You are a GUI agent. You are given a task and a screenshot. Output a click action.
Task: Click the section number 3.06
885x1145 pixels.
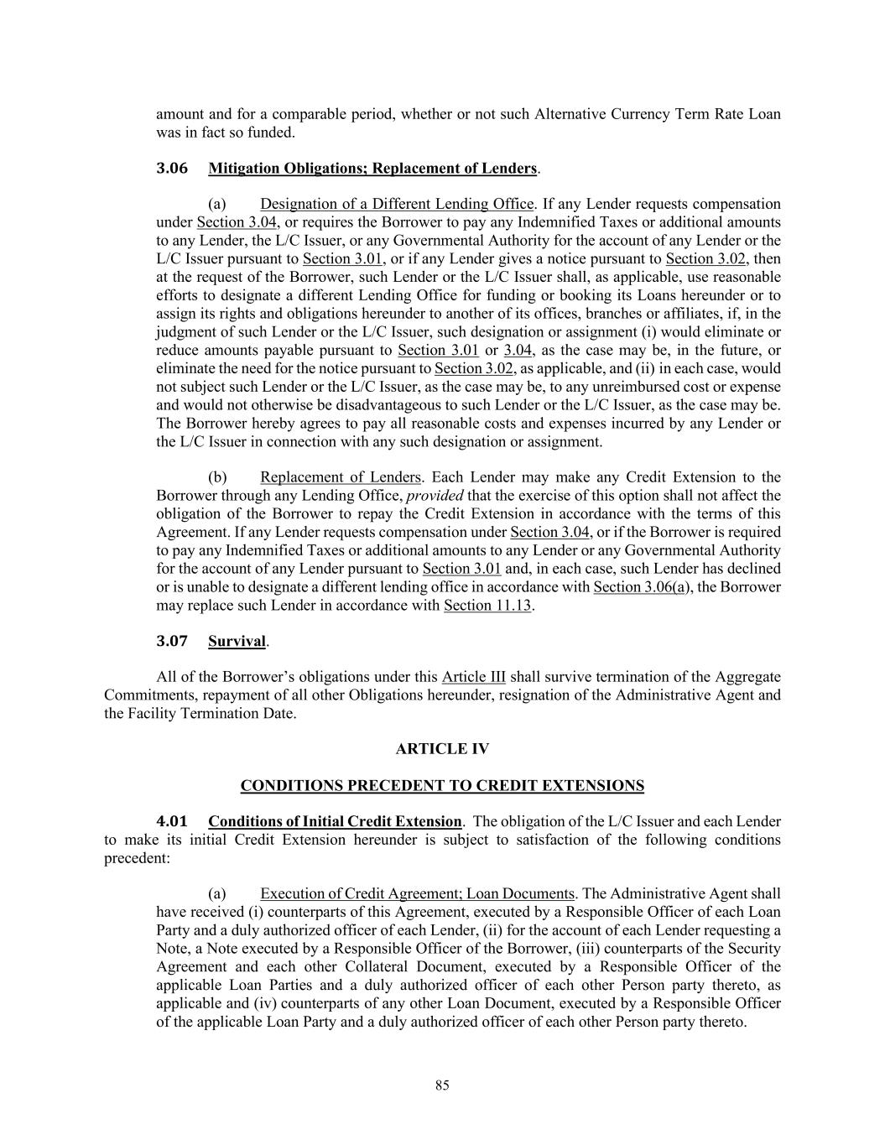tap(172, 169)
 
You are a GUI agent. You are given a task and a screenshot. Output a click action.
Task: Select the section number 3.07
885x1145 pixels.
tap(172, 642)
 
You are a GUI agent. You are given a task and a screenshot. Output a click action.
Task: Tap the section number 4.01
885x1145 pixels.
tap(172, 821)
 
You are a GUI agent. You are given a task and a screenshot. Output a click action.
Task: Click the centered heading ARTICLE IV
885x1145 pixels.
tap(442, 749)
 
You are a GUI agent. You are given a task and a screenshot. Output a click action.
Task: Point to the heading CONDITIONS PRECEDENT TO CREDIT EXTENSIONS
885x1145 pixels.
tap(442, 786)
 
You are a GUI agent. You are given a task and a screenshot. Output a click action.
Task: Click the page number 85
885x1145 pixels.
tap(442, 1085)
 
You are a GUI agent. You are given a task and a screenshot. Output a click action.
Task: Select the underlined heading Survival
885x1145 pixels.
tap(237, 642)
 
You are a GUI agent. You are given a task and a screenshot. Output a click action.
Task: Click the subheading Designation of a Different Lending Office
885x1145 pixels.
tap(397, 204)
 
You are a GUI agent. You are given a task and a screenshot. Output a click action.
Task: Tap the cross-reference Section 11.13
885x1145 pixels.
tap(487, 605)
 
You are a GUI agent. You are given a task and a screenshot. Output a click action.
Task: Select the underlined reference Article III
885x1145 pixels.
tap(473, 677)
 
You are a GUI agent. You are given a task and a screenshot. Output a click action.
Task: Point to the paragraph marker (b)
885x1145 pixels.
tap(217, 477)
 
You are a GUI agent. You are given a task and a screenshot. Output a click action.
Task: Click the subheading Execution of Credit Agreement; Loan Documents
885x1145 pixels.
tap(417, 894)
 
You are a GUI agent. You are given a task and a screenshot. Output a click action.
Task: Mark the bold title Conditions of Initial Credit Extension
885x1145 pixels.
tap(335, 821)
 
